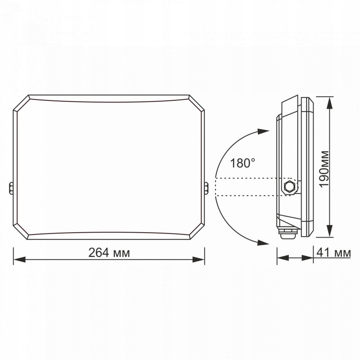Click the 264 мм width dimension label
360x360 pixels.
(x=109, y=253)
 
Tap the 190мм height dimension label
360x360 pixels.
(x=324, y=169)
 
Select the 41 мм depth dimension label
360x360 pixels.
(x=333, y=253)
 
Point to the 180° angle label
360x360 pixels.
(x=243, y=163)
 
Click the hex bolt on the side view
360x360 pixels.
(x=289, y=186)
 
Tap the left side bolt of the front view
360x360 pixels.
(x=11, y=188)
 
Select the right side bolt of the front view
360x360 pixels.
(x=207, y=188)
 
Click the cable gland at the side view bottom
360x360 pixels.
(x=288, y=233)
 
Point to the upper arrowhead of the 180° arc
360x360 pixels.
(x=263, y=131)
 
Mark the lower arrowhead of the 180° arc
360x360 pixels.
(x=263, y=243)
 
